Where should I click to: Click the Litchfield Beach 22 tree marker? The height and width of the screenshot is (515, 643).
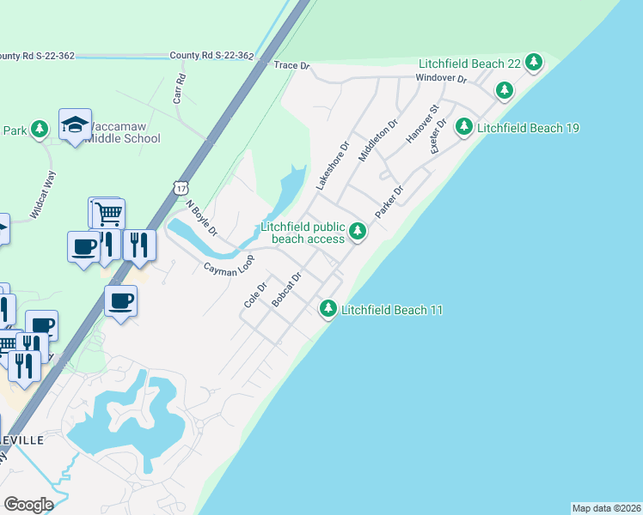pyautogui.click(x=534, y=62)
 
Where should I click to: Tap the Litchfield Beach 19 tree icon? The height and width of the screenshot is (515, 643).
pyautogui.click(x=464, y=127)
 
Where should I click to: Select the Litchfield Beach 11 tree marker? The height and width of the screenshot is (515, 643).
pyautogui.click(x=328, y=308)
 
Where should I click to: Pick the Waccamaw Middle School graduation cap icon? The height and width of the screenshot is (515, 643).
pyautogui.click(x=75, y=125)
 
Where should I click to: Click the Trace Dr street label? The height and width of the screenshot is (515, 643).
pyautogui.click(x=291, y=65)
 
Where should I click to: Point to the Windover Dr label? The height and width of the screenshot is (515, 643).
pyautogui.click(x=440, y=78)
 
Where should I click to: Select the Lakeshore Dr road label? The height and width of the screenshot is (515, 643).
pyautogui.click(x=332, y=166)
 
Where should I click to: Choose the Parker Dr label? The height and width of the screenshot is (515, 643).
pyautogui.click(x=389, y=201)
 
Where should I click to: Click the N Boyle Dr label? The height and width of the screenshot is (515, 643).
pyautogui.click(x=203, y=218)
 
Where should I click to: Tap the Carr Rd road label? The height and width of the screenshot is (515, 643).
pyautogui.click(x=180, y=88)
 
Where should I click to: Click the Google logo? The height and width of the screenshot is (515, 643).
pyautogui.click(x=28, y=504)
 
